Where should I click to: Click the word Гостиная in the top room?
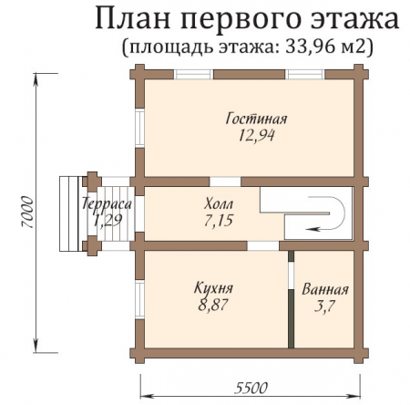(257, 119)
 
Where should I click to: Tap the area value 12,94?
(256, 136)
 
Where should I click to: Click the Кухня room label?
(212, 289)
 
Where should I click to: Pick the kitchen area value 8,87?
(212, 306)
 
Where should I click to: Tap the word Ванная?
(324, 290)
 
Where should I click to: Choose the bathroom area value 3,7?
(324, 307)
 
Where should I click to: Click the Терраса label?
(107, 204)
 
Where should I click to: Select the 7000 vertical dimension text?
(26, 211)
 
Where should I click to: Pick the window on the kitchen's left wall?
(139, 297)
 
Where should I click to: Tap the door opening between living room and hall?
(225, 181)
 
